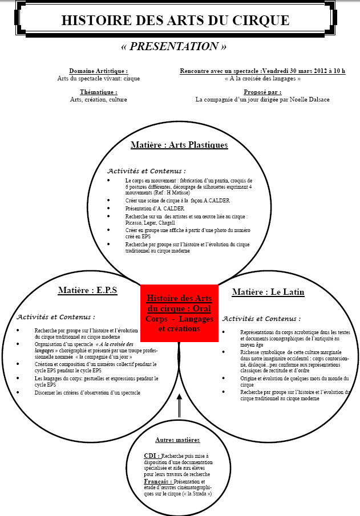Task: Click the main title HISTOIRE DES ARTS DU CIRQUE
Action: pyautogui.click(x=175, y=21)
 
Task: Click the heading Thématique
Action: pyautogui.click(x=99, y=92)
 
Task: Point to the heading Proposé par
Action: pyautogui.click(x=262, y=92)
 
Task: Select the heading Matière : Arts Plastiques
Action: pyautogui.click(x=179, y=145)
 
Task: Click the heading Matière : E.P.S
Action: pyautogui.click(x=87, y=290)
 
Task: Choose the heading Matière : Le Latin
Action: pyautogui.click(x=268, y=292)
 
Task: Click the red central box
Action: pyautogui.click(x=179, y=313)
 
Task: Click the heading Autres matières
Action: pyautogui.click(x=177, y=440)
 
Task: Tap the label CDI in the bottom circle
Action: pyautogui.click(x=151, y=456)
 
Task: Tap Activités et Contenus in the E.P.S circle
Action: pyautogui.click(x=56, y=316)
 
